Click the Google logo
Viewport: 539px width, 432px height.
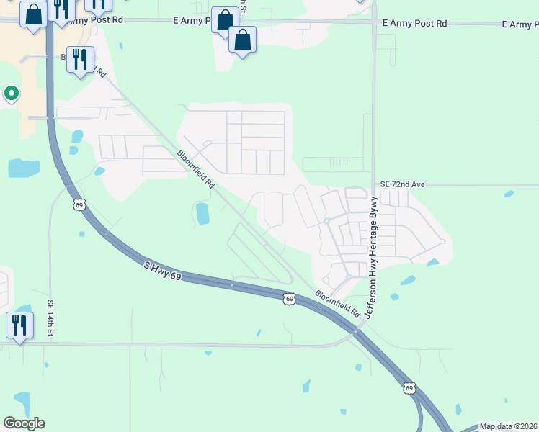(x=24, y=423)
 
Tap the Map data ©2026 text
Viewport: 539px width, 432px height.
(x=508, y=426)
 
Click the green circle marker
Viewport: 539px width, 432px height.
(x=11, y=93)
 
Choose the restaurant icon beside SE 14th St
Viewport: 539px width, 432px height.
(x=19, y=325)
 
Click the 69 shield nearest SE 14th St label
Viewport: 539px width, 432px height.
(x=79, y=205)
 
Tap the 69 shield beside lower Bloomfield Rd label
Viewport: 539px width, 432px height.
(x=289, y=298)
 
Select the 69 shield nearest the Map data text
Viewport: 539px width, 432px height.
(x=409, y=387)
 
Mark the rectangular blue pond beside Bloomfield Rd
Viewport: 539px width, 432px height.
(x=202, y=213)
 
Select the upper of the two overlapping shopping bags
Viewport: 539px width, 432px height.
(x=225, y=20)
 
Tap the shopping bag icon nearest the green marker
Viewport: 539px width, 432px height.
(x=32, y=14)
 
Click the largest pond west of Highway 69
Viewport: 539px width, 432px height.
(x=24, y=168)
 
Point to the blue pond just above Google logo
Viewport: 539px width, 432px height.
(x=22, y=403)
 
